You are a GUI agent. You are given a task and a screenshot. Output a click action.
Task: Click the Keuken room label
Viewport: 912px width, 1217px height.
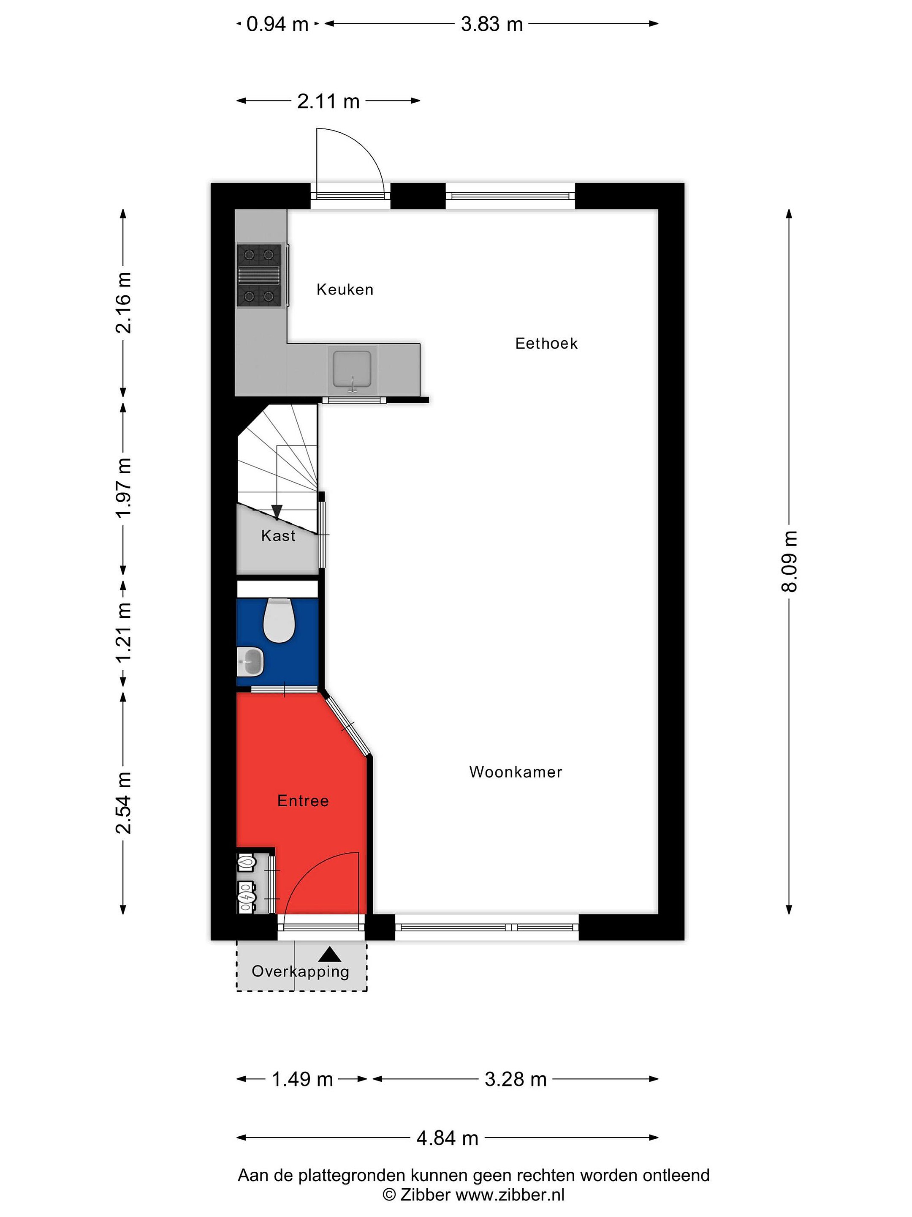(x=345, y=289)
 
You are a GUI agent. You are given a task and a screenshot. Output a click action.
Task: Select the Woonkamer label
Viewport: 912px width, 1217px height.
(x=516, y=772)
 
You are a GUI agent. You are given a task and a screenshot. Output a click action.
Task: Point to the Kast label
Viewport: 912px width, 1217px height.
(x=278, y=535)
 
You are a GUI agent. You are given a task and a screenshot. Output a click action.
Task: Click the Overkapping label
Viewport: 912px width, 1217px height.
(x=300, y=971)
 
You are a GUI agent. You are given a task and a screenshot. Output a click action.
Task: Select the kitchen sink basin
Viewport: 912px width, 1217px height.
(x=352, y=368)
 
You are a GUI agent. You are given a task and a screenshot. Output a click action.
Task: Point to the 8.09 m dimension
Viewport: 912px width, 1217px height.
(x=788, y=561)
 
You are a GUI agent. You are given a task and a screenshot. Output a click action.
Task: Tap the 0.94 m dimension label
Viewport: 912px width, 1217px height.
(x=278, y=24)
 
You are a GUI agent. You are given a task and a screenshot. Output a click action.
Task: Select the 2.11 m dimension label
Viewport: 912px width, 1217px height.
(x=328, y=101)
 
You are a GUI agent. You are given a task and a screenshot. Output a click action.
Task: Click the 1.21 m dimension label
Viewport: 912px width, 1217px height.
(x=123, y=632)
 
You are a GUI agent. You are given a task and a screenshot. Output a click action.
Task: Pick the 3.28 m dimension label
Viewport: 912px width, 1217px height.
(x=516, y=1080)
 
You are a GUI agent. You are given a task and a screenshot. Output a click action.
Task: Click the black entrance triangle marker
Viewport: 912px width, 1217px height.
(x=329, y=955)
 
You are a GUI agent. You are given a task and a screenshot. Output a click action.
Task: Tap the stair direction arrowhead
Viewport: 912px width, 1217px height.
(x=277, y=513)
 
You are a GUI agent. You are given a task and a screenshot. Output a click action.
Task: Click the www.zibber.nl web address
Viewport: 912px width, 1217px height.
(x=510, y=1195)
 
